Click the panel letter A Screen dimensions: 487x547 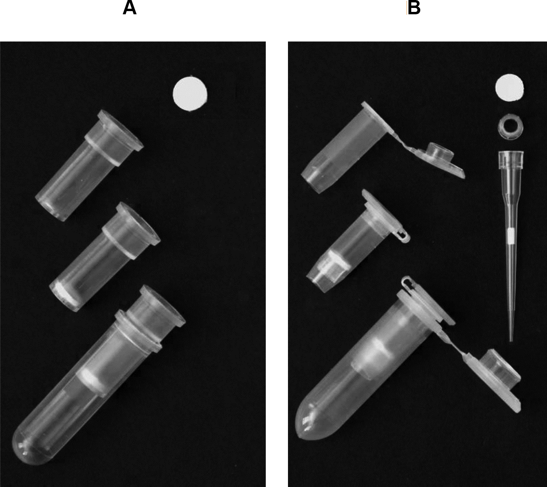[x=129, y=8]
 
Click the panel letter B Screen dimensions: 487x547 [x=414, y=8]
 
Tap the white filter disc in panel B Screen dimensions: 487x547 [x=510, y=87]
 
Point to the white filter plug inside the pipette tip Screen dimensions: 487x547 [x=511, y=236]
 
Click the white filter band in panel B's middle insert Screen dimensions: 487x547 [x=340, y=259]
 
